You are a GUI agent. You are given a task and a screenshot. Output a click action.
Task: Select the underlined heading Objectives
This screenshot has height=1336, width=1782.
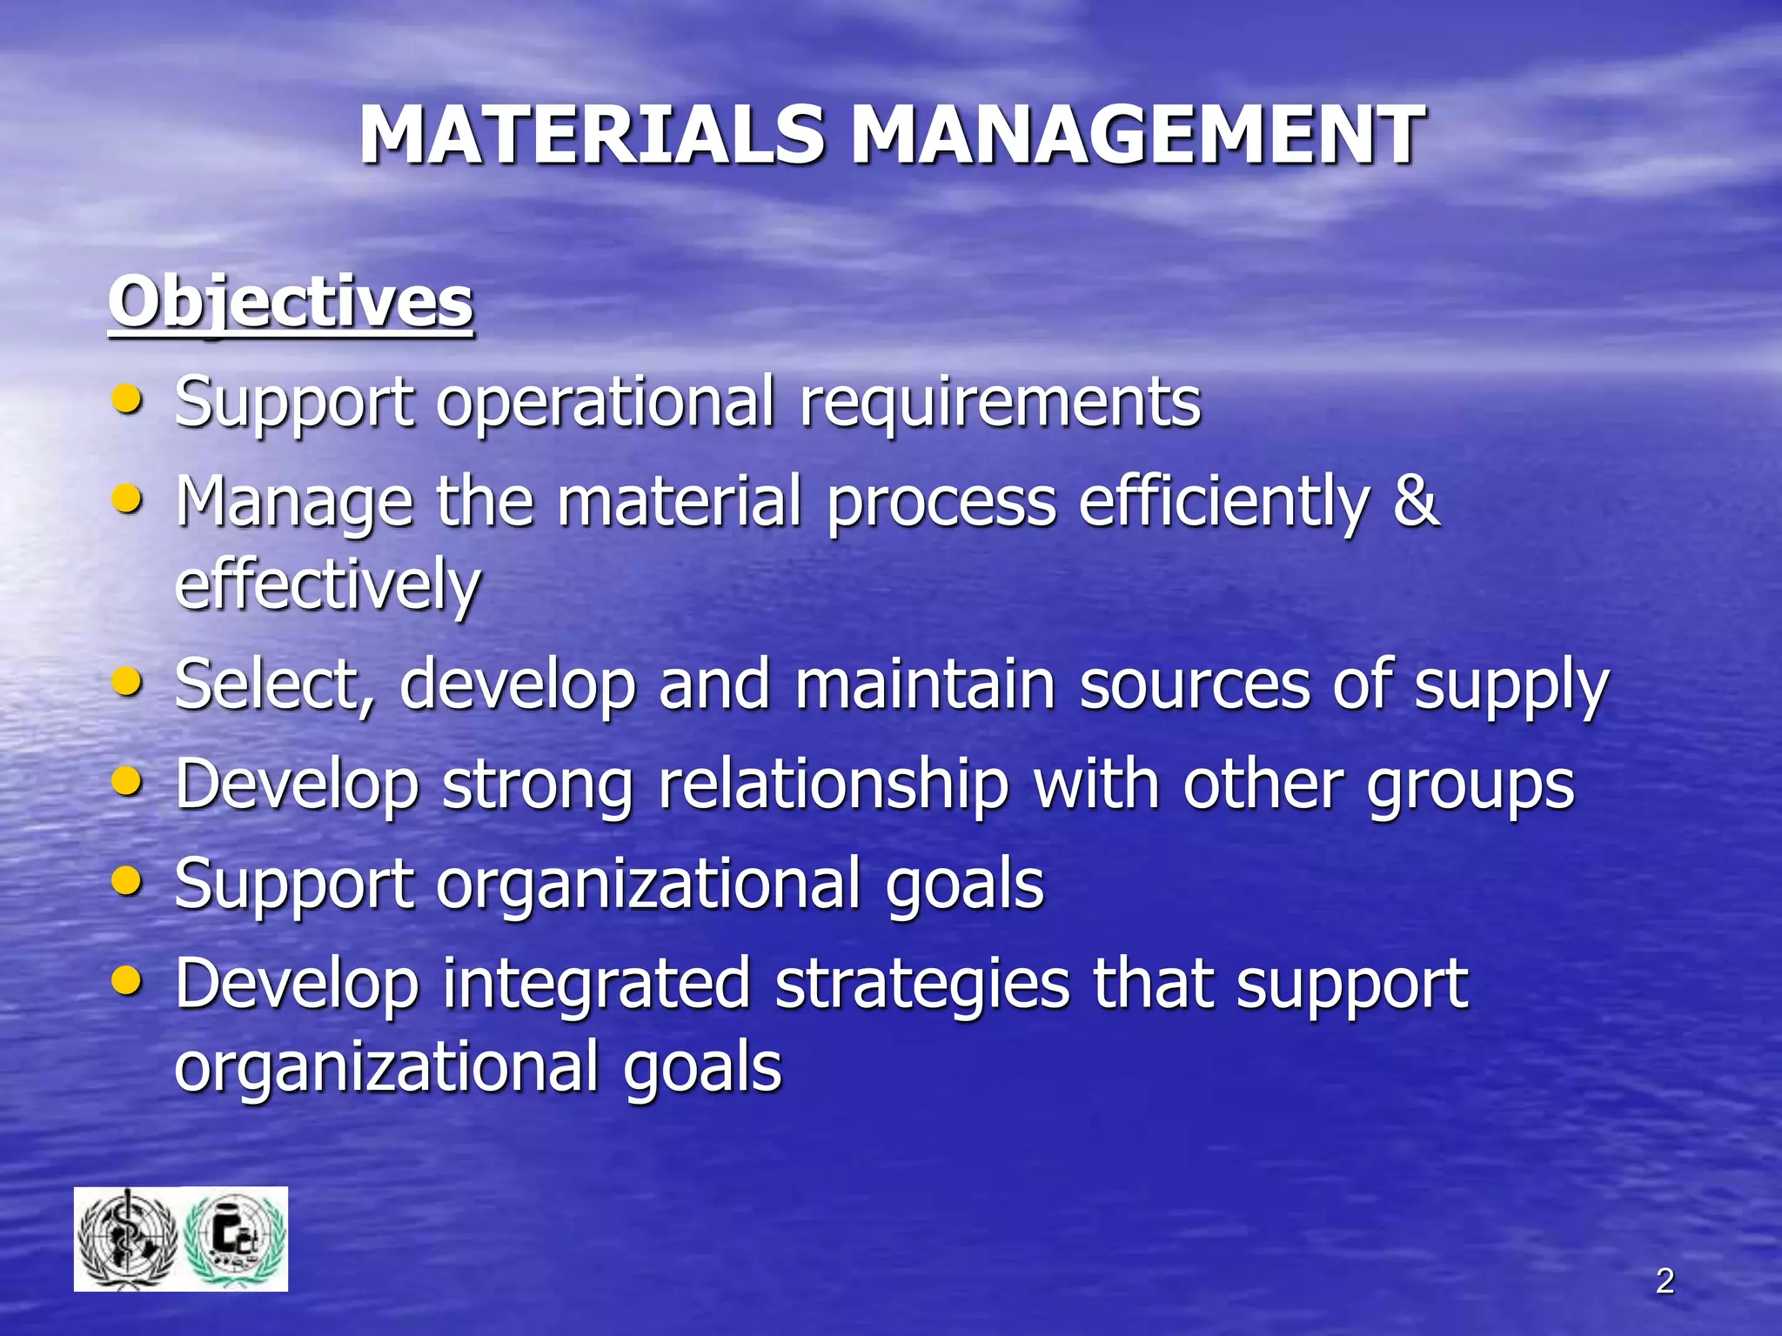tap(291, 302)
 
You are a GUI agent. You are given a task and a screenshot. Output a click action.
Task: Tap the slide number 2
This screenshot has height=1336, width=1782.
tap(1665, 1281)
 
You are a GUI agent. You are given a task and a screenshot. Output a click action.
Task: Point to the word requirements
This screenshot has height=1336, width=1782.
tap(1000, 402)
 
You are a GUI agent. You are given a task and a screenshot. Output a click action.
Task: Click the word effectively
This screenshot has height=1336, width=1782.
tap(327, 584)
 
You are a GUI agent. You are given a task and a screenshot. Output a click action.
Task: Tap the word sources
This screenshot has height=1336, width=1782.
tap(1195, 685)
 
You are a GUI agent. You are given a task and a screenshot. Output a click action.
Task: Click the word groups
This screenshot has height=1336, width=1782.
tap(1470, 785)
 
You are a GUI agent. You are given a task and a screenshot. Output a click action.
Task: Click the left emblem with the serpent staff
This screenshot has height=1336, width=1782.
tap(128, 1239)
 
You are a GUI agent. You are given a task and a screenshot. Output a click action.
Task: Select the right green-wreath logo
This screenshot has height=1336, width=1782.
tap(236, 1239)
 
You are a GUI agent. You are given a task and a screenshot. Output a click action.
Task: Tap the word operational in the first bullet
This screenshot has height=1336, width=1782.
tap(605, 402)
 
